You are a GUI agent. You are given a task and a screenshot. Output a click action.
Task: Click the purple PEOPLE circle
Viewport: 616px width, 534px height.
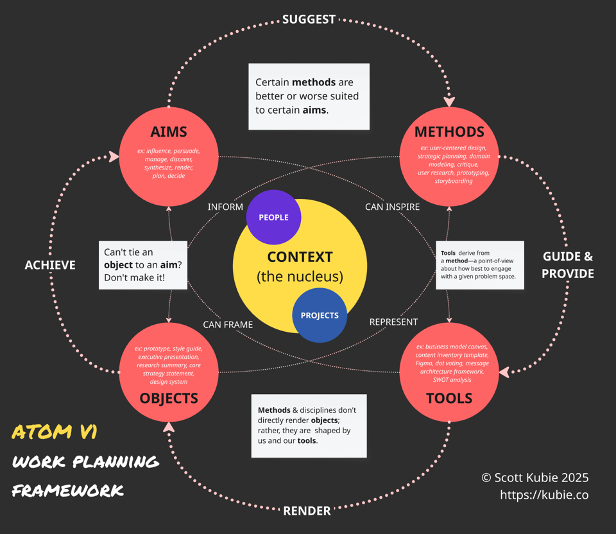[x=273, y=218]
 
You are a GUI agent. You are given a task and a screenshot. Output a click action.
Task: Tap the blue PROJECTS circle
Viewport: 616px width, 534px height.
[x=320, y=315]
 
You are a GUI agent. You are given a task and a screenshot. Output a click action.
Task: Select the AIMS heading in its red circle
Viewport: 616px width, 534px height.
[x=169, y=132]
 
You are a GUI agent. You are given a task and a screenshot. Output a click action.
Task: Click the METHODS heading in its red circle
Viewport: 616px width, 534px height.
[x=449, y=132]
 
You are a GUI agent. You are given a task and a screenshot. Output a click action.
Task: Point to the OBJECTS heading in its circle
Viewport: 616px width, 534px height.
[x=169, y=399]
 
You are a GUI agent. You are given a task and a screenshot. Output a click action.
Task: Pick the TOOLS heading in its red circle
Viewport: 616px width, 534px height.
[x=449, y=399]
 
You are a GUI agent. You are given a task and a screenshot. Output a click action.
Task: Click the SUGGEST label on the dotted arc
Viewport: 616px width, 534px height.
[x=309, y=19]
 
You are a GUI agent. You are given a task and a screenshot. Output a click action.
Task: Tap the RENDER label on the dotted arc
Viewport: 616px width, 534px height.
[x=307, y=511]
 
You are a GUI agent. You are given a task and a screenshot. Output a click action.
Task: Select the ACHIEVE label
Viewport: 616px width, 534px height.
[x=50, y=265]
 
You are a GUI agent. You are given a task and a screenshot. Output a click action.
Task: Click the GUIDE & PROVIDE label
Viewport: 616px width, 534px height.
[x=568, y=265]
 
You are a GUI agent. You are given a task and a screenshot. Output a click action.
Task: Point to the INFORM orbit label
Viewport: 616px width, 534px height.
[x=225, y=207]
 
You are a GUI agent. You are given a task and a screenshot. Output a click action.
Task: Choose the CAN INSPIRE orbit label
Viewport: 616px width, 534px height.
[x=392, y=207]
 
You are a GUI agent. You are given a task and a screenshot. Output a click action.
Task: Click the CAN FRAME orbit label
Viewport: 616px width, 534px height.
[x=228, y=324]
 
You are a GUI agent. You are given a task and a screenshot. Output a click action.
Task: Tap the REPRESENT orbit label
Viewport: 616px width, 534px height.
[x=393, y=322]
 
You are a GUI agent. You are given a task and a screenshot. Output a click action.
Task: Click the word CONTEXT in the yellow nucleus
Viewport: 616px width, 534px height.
[x=300, y=257]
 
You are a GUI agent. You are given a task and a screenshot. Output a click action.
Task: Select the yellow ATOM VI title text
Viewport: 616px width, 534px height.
[x=55, y=432]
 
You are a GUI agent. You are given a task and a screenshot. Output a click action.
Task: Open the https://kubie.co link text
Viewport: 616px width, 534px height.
[x=544, y=495]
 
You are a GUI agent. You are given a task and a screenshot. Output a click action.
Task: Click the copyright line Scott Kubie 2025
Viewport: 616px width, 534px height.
[x=535, y=478]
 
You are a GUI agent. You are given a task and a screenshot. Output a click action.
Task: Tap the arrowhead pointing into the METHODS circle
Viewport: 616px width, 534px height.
[x=449, y=101]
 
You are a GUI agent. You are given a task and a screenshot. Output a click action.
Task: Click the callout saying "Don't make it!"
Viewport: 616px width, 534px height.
[x=142, y=265]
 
